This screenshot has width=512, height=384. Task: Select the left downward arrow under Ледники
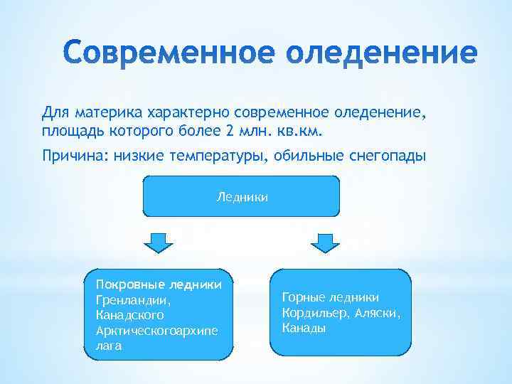coord(159,242)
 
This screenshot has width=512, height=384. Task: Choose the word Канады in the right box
coord(304,328)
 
